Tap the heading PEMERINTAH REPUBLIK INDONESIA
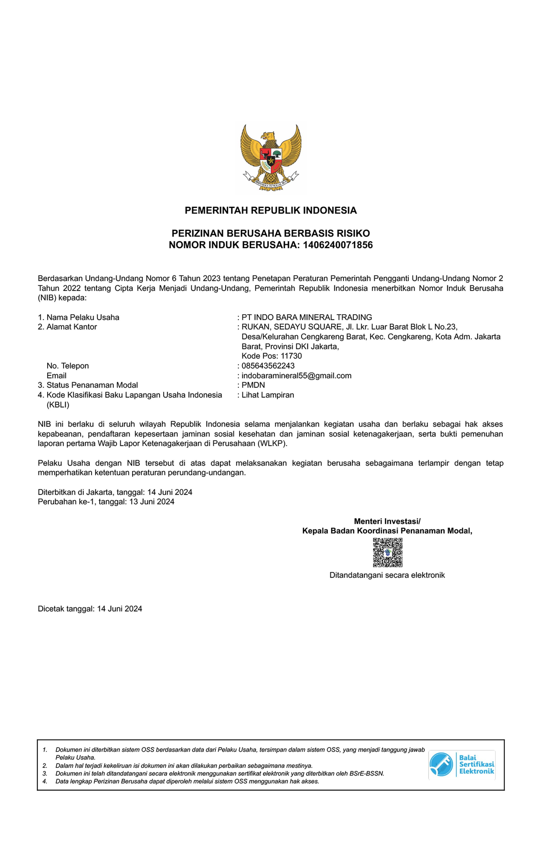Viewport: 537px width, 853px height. (x=270, y=210)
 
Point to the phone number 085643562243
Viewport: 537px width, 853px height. (x=268, y=365)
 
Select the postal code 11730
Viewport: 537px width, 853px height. (x=291, y=356)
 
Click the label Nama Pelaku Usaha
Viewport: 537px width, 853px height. (x=83, y=317)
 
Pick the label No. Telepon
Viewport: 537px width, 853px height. (x=68, y=365)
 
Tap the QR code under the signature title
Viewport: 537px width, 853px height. (x=387, y=553)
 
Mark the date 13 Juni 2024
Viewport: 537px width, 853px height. (x=152, y=502)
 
